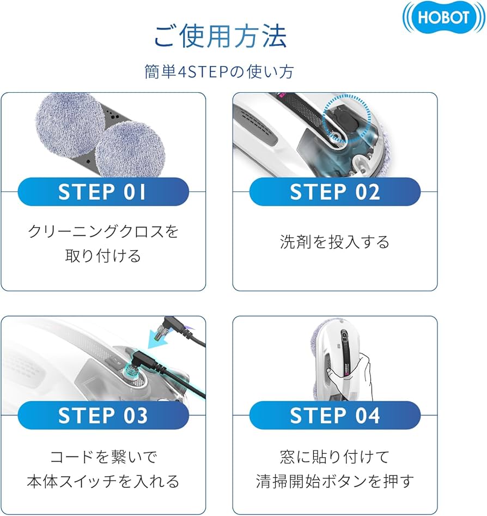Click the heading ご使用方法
[220, 37]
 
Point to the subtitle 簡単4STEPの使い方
[220, 71]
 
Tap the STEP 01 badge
[103, 192]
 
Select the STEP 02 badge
[335, 192]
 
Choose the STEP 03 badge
[103, 416]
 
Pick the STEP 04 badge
[335, 416]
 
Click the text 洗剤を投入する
[335, 242]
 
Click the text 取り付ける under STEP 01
[103, 255]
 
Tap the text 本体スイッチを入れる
[103, 481]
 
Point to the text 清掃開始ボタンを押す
[335, 481]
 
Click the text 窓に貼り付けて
[335, 456]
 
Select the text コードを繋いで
[103, 456]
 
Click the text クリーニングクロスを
[103, 231]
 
